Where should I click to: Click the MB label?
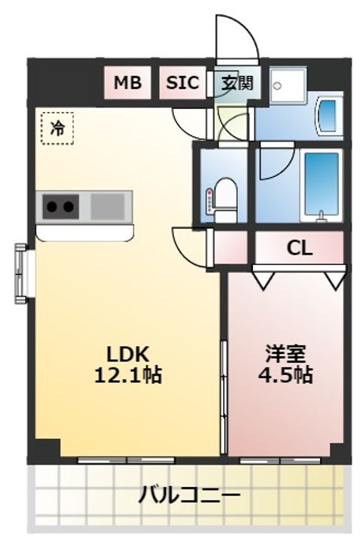(127, 83)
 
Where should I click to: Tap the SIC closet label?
(182, 83)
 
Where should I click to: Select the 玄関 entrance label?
(237, 83)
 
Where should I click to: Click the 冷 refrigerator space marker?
(57, 128)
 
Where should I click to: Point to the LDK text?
(127, 354)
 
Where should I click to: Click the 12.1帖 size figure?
(128, 375)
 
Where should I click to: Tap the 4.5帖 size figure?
(285, 375)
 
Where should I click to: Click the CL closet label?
(300, 248)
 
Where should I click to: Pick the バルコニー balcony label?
(189, 495)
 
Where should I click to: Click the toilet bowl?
(225, 200)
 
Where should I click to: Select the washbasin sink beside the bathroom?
(328, 114)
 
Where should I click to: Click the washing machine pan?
(288, 86)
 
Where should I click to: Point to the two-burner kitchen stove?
(60, 207)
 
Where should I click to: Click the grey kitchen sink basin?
(108, 206)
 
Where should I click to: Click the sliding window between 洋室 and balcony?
(280, 461)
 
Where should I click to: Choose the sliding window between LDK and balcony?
(127, 461)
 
